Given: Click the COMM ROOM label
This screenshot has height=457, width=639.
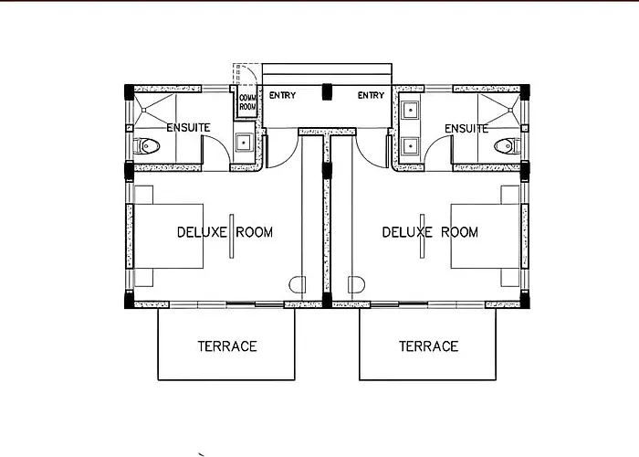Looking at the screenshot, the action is click(247, 102).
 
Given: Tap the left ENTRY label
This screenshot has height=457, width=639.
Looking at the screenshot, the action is click(282, 95).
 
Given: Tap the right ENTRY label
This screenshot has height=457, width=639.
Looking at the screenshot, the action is click(371, 95).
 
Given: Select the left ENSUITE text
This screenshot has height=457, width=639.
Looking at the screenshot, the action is click(188, 128).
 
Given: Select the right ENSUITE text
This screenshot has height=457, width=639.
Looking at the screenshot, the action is click(466, 129).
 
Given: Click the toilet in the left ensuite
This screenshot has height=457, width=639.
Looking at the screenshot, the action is click(147, 145).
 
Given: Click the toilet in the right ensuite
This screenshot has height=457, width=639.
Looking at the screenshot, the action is click(507, 146).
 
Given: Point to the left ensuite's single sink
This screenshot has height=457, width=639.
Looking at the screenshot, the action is click(244, 143).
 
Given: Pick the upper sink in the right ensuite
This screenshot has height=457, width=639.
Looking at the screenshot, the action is click(410, 111).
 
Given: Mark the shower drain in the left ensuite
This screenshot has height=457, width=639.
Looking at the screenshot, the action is click(144, 110).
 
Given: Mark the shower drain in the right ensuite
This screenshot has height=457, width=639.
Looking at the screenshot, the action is click(510, 110).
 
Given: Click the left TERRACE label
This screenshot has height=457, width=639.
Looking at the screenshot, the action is click(227, 346).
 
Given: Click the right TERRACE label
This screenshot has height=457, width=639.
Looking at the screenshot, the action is click(429, 346).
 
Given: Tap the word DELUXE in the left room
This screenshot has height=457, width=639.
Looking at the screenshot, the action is click(202, 232).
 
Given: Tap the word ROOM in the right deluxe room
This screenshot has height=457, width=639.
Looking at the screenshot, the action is click(460, 232).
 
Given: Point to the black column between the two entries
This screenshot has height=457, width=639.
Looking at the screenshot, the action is click(327, 91).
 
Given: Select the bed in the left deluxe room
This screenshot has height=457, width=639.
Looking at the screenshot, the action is click(168, 236).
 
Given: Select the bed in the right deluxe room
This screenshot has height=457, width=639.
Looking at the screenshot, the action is click(486, 236).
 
